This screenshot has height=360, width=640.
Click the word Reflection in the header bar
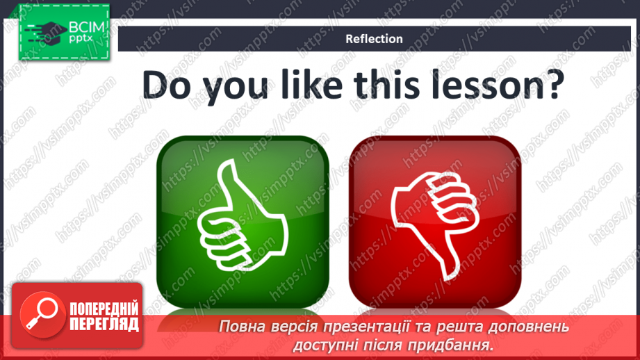[374, 39]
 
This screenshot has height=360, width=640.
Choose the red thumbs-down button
[434, 220]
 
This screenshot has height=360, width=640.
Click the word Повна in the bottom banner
[240, 327]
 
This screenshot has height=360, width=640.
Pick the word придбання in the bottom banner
[459, 344]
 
